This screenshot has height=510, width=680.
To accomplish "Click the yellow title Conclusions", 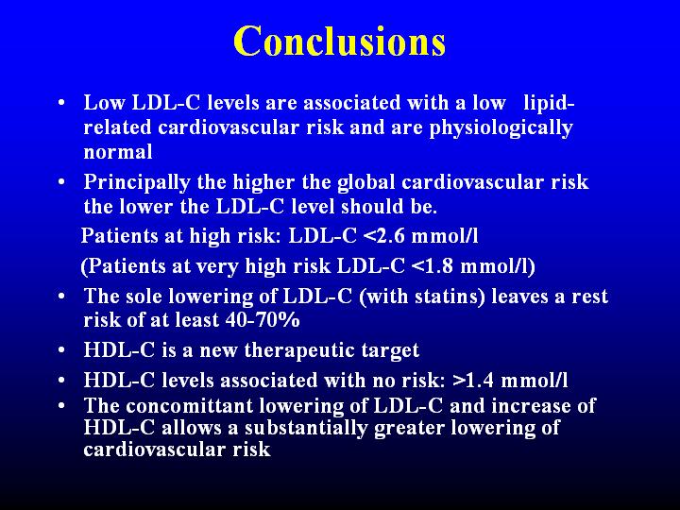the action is coord(340,41).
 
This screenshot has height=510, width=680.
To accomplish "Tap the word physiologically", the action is coord(501,128).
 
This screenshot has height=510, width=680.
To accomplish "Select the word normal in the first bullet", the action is coord(118,152).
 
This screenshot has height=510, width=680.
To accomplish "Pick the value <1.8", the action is coord(433,265).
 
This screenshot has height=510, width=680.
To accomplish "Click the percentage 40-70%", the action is coord(263,320).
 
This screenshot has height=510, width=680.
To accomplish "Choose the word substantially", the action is coord(306,429).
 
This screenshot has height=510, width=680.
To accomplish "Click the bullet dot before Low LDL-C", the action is coord(61,103).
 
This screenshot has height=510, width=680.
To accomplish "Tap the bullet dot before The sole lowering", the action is coord(61,297).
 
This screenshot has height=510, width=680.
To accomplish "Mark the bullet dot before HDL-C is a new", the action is coord(61,350).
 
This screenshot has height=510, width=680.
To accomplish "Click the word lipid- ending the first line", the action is coord(549,104).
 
